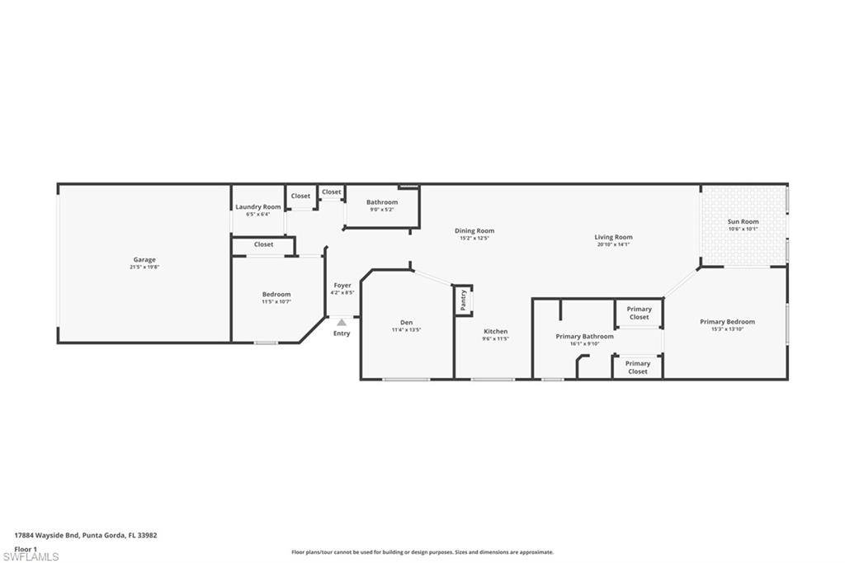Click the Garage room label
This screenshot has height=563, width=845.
(144, 260)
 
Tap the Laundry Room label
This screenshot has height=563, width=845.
(258, 207)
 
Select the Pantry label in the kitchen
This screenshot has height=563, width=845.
(464, 300)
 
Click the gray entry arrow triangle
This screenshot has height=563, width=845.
(342, 322)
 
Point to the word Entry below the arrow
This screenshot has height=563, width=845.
(342, 334)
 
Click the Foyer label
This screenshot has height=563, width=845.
(342, 286)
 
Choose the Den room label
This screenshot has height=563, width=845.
(406, 323)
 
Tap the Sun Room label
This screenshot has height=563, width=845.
(743, 222)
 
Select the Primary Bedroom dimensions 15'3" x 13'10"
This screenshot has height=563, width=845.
(727, 329)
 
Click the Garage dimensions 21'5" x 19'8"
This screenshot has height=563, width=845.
(144, 267)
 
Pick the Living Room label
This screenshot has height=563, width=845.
(613, 237)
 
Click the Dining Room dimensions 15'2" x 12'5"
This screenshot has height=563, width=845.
(474, 239)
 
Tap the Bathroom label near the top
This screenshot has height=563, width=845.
(382, 202)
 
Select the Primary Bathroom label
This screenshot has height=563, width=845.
(584, 337)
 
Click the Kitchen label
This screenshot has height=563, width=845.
(495, 332)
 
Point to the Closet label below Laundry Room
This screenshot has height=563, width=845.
(263, 244)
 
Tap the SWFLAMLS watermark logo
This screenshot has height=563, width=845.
(31, 556)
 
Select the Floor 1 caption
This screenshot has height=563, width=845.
(26, 549)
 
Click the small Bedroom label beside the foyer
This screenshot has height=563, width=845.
(276, 295)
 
